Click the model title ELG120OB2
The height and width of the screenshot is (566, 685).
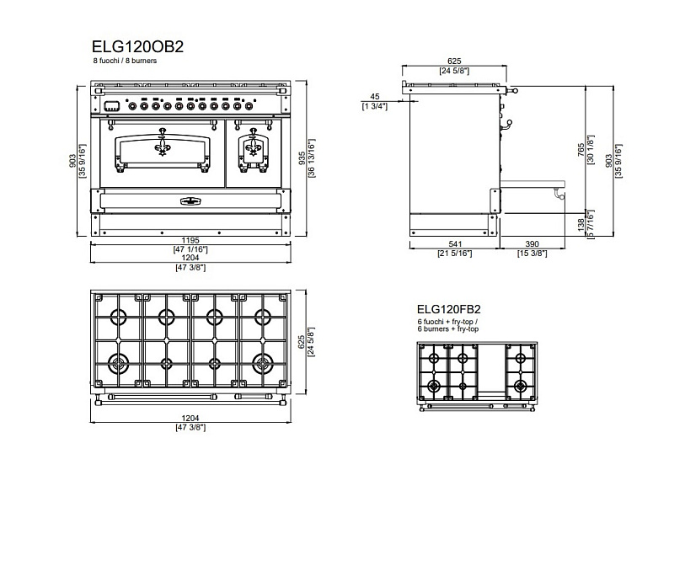(x=136, y=47)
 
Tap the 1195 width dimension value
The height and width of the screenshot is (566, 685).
(x=191, y=241)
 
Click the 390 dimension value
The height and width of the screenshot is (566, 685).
(x=532, y=244)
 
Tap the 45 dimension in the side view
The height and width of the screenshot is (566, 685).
(x=375, y=97)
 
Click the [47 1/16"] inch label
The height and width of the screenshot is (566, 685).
(x=191, y=249)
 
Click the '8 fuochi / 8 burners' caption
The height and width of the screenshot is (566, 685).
(x=125, y=61)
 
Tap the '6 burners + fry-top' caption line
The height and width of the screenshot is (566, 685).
(x=447, y=328)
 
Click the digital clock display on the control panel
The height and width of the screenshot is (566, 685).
(x=112, y=105)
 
